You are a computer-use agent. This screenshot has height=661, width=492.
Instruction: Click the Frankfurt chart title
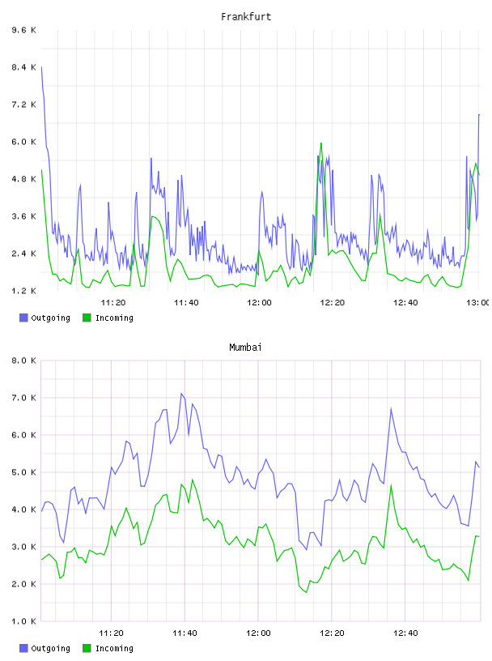point(246,17)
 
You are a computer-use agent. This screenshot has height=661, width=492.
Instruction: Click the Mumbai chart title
point(245,348)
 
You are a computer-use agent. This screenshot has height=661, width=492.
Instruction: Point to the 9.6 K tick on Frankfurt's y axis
point(24,30)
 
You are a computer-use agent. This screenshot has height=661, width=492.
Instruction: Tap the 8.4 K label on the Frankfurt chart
point(24,67)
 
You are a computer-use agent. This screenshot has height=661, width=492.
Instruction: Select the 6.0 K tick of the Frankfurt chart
point(24,142)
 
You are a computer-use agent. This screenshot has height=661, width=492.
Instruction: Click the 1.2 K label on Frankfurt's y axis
point(24,291)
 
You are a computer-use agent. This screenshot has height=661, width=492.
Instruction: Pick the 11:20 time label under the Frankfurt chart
point(113,302)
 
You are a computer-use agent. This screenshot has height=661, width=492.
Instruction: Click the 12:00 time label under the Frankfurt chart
point(260,302)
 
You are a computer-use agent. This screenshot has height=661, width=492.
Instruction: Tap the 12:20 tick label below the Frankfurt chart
point(333,302)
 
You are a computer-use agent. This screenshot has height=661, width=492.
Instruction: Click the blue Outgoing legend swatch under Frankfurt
point(23,318)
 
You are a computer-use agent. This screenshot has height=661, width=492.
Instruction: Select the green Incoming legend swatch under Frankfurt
point(87,318)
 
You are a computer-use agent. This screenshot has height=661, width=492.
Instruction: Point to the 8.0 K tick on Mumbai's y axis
point(24,360)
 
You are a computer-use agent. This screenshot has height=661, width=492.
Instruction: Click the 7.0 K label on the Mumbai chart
point(24,398)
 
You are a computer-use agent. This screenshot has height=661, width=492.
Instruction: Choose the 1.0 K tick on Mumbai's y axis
point(24,621)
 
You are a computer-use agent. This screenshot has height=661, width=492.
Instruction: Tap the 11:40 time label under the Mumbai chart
point(184,633)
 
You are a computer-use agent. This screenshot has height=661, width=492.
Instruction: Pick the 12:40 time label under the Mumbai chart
point(405,633)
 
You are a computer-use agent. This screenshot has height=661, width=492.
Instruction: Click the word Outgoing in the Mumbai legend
point(50,648)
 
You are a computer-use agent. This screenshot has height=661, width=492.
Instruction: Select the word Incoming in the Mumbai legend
point(114,648)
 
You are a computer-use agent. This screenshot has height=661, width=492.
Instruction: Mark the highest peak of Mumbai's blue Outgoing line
point(181,394)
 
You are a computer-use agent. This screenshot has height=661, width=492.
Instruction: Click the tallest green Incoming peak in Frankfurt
point(321,143)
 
